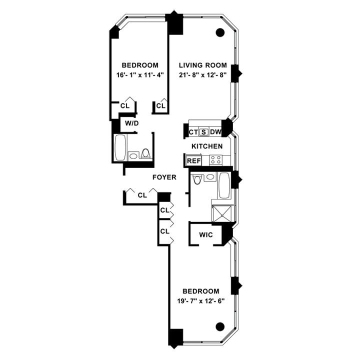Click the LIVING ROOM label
[x=203, y=65]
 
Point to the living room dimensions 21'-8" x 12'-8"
[x=203, y=75]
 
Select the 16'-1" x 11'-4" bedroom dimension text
[x=140, y=75]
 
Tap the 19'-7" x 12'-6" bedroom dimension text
[x=200, y=301]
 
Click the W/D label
[x=131, y=122]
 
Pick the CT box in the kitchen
[x=193, y=132]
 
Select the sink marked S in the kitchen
[x=203, y=132]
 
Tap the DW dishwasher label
[x=215, y=132]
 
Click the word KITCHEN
[x=207, y=146]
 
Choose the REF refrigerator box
[x=193, y=161]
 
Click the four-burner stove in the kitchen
[x=215, y=160]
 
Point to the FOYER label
[x=164, y=177]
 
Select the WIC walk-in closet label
[x=206, y=234]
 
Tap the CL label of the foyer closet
[x=142, y=195]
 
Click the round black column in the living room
[x=219, y=33]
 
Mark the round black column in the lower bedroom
[x=219, y=327]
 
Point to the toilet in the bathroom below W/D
[x=146, y=153]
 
